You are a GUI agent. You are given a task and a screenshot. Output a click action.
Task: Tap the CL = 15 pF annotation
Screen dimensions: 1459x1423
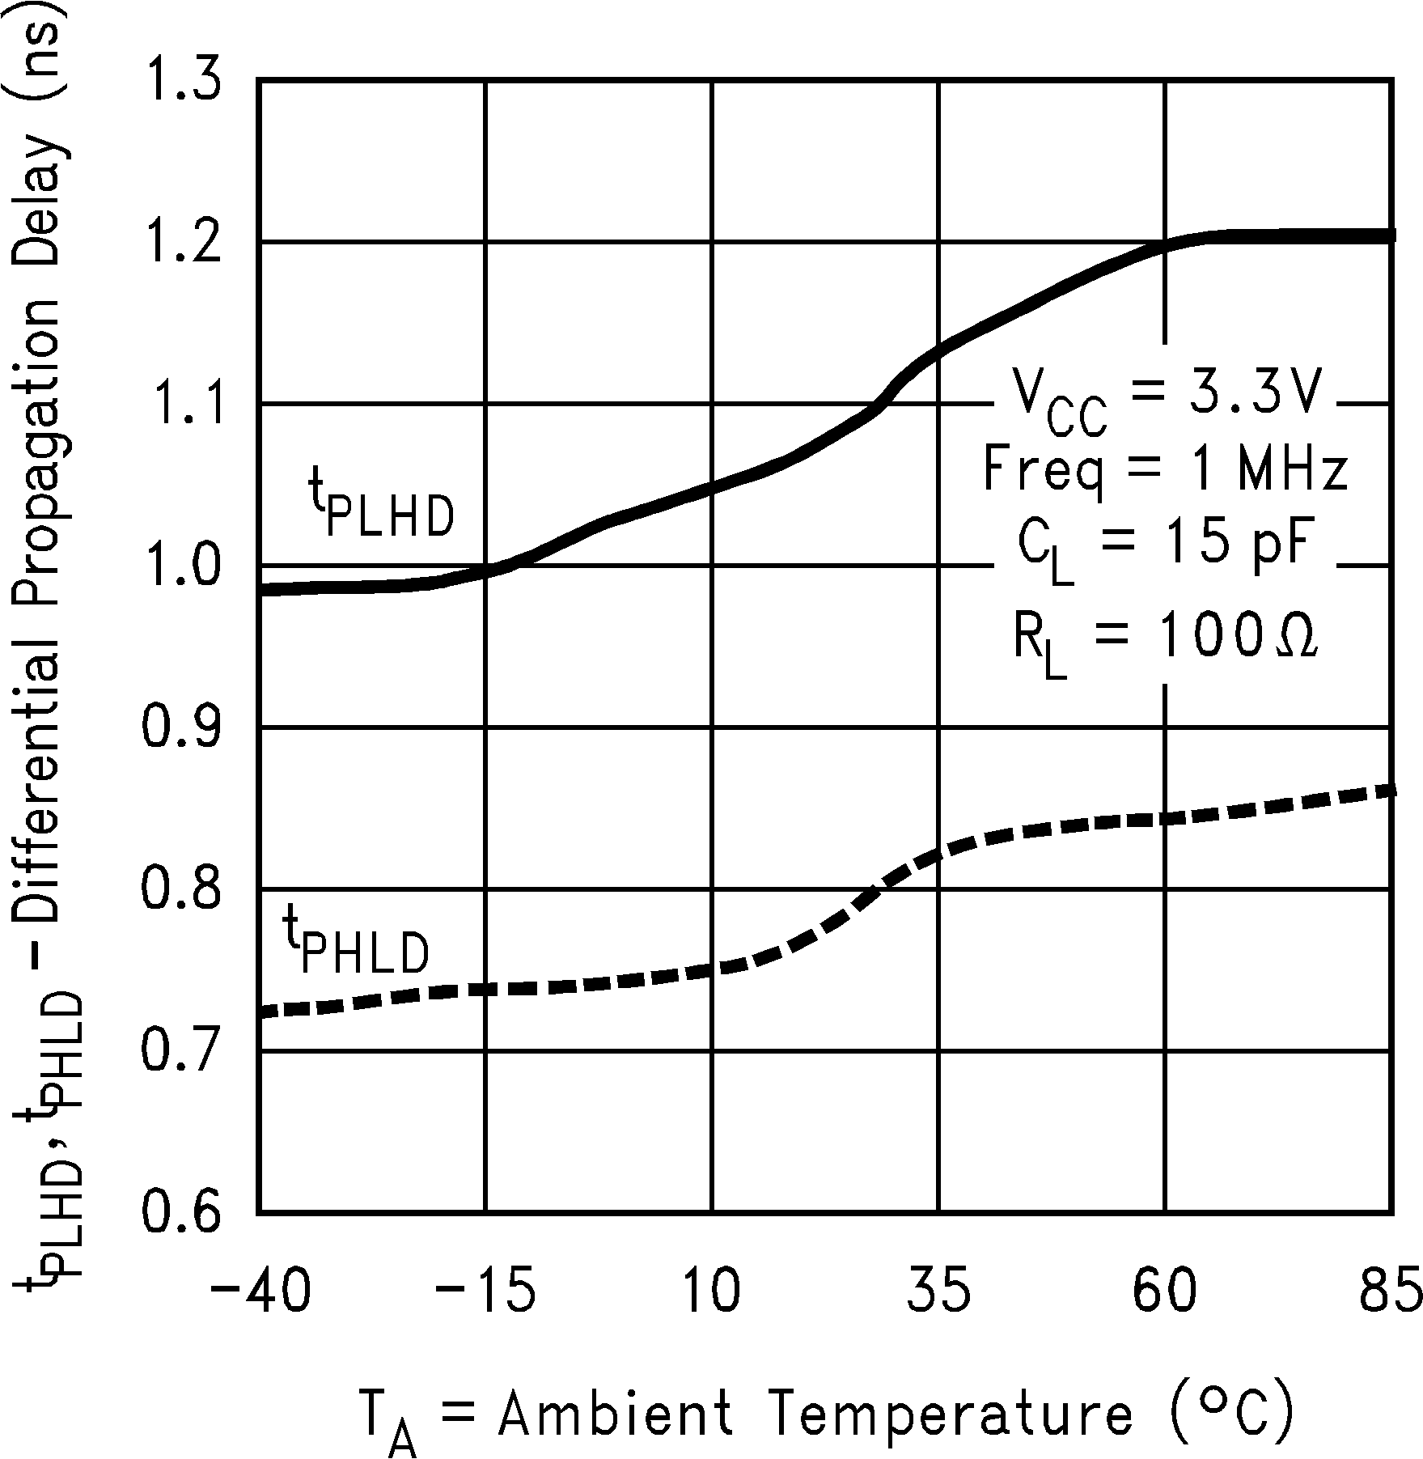pos(1165,549)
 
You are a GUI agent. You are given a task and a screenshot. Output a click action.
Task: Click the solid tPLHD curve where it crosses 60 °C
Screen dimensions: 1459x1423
pos(1165,246)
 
